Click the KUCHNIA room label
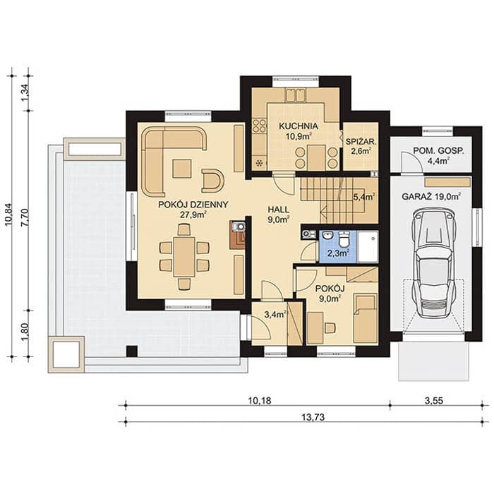click(x=299, y=126)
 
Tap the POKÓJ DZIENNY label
click(x=193, y=205)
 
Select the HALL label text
click(x=279, y=210)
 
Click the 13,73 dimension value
click(x=313, y=418)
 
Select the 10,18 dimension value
click(x=260, y=401)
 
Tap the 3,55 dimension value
click(x=434, y=401)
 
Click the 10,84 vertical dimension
click(x=8, y=215)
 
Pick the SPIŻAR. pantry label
click(x=361, y=142)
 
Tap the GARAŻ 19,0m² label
click(x=431, y=197)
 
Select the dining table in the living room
click(x=184, y=257)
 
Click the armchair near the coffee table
click(x=212, y=181)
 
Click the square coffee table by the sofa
click(x=182, y=169)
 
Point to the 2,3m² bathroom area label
click(x=337, y=253)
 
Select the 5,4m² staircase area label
click(x=364, y=198)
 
